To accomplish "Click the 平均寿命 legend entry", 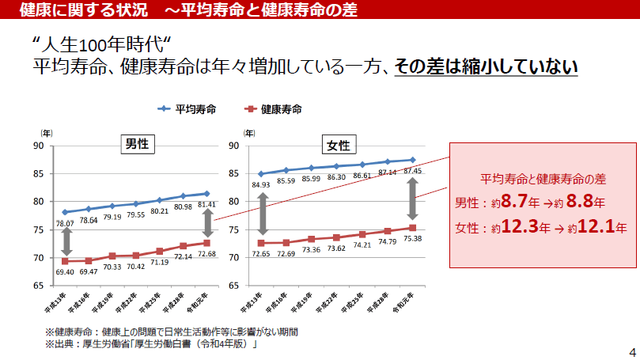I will [x=188, y=109].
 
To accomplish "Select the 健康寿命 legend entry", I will [x=273, y=109].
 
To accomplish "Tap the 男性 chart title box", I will [x=137, y=144].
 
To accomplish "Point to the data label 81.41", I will [x=206, y=205].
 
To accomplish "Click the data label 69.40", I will [x=66, y=271].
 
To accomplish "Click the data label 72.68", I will [x=206, y=253].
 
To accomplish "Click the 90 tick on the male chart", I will [x=38, y=146].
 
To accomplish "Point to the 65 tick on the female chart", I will [x=233, y=285].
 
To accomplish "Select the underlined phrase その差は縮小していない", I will [x=486, y=66].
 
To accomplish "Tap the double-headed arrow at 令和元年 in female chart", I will [x=412, y=199].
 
